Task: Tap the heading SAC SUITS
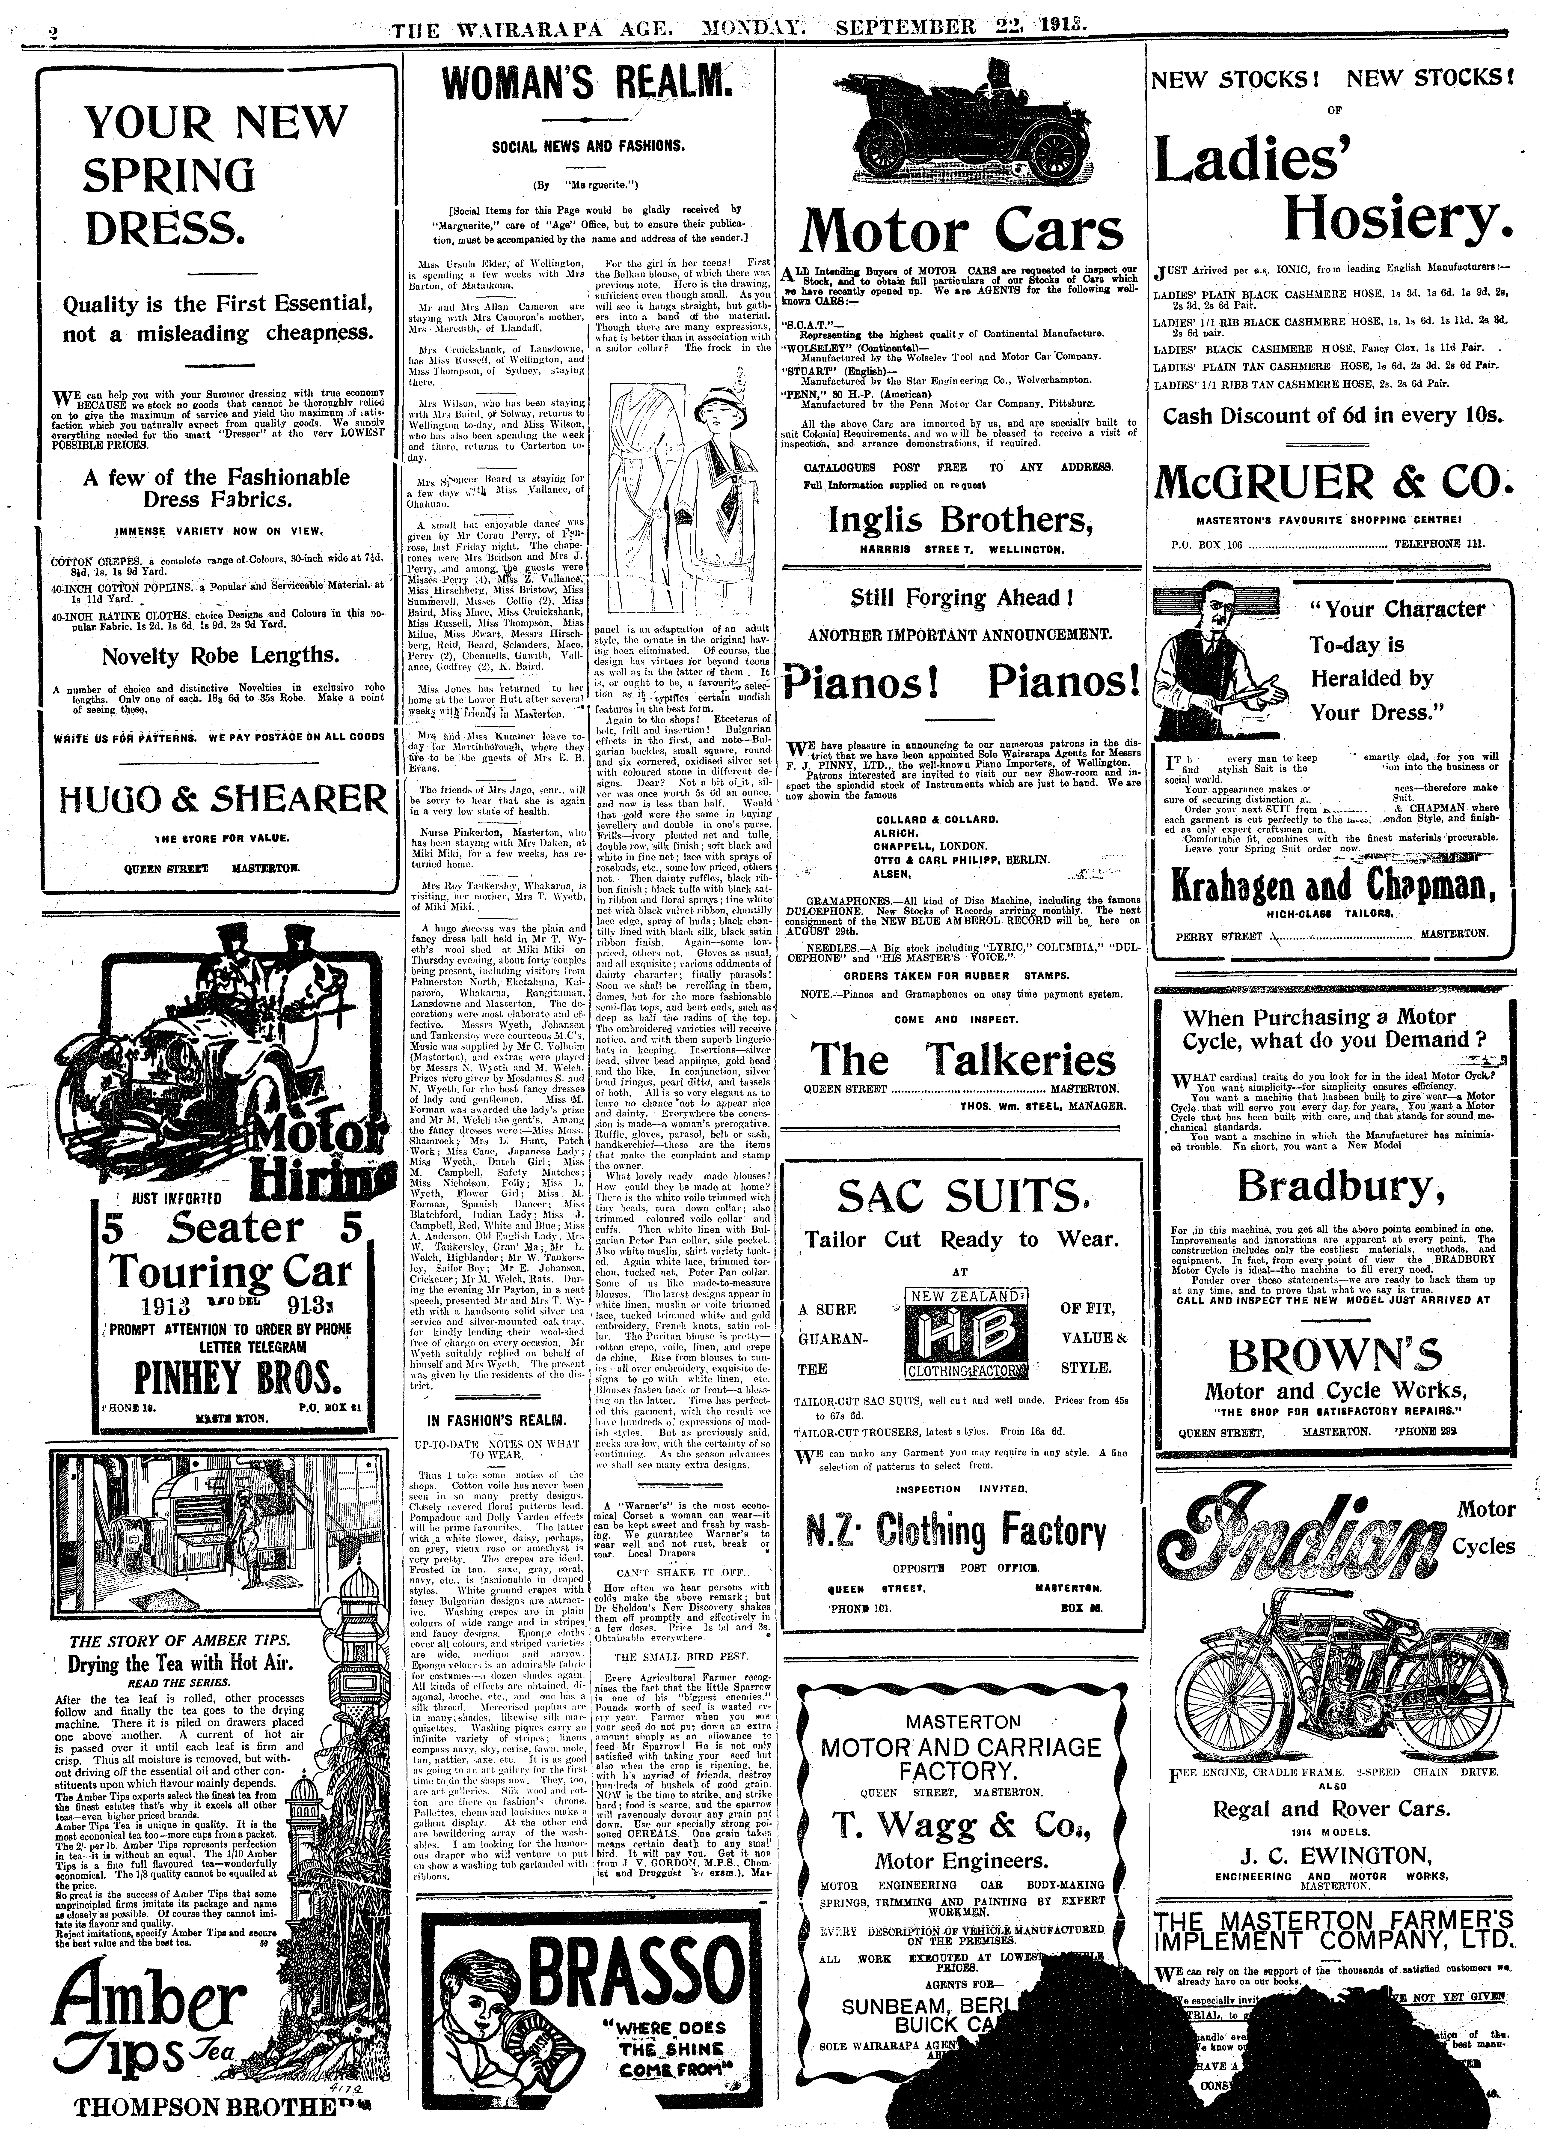click(960, 1198)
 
